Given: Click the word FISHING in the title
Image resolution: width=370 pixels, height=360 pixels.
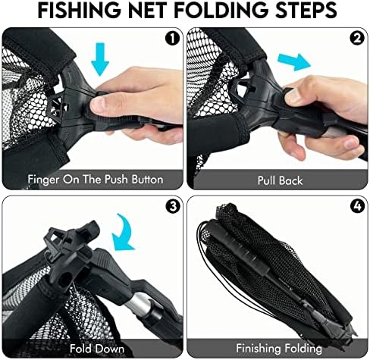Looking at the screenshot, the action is click(x=80, y=11).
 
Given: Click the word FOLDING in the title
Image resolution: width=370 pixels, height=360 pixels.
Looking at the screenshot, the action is click(x=221, y=11).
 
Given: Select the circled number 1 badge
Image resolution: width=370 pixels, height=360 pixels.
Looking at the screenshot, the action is click(x=172, y=39).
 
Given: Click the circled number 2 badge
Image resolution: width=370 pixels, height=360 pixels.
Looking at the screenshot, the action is click(x=357, y=39).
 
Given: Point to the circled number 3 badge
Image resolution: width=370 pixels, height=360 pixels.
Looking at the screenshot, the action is click(x=173, y=206).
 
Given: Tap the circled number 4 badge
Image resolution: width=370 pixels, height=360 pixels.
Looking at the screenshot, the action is click(x=358, y=206).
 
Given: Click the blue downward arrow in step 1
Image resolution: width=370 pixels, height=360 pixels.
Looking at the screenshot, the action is click(x=100, y=59).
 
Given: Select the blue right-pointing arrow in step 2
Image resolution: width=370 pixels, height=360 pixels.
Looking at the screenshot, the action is click(x=294, y=62).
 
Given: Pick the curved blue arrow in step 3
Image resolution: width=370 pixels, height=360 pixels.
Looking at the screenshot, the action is click(x=124, y=233).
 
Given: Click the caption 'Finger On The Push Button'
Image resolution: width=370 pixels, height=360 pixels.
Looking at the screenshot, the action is click(x=96, y=180).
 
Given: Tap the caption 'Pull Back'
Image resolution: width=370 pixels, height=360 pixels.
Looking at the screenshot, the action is click(x=280, y=180).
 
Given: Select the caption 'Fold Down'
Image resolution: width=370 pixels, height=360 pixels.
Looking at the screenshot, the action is click(x=97, y=349).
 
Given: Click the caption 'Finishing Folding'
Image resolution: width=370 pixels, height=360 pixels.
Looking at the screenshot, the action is click(x=279, y=349).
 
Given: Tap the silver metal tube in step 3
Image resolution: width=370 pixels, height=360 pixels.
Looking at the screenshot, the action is click(x=142, y=302).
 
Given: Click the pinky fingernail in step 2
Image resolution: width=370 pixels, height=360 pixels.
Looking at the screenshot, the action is click(x=352, y=143).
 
